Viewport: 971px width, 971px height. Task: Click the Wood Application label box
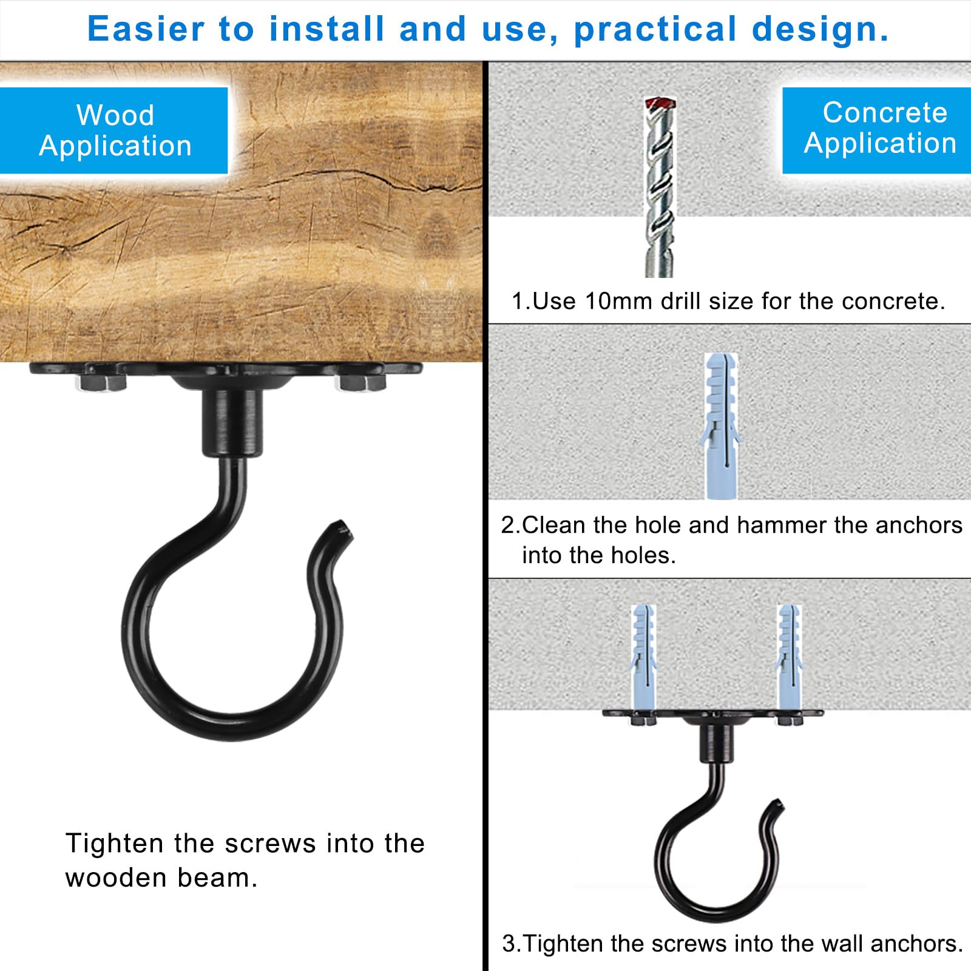114,130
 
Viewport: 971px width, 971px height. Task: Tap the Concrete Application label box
876,130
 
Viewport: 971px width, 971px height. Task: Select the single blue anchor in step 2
720,427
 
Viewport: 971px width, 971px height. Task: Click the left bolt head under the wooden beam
101,384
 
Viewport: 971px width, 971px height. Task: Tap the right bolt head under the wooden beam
362,384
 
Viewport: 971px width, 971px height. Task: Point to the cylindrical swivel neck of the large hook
232,422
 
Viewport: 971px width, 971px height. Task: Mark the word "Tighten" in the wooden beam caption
115,844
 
